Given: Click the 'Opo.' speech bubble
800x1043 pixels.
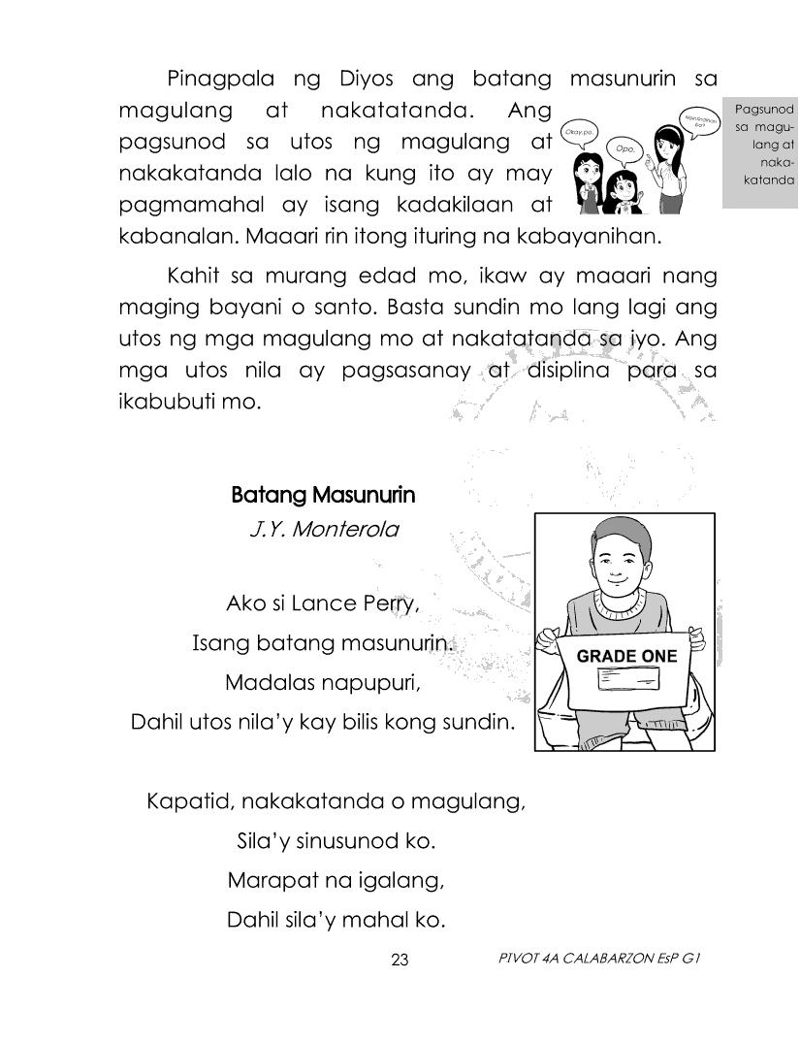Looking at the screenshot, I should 624,149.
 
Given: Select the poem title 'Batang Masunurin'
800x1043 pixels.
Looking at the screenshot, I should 323,496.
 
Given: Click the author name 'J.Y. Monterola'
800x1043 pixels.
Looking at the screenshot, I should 323,531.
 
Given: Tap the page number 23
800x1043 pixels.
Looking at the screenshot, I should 400,961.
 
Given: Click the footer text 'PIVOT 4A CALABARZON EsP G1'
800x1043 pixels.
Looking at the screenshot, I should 597,959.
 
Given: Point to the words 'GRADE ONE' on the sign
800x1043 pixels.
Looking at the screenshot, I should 626,656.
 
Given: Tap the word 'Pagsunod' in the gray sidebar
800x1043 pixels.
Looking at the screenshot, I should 766,110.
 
